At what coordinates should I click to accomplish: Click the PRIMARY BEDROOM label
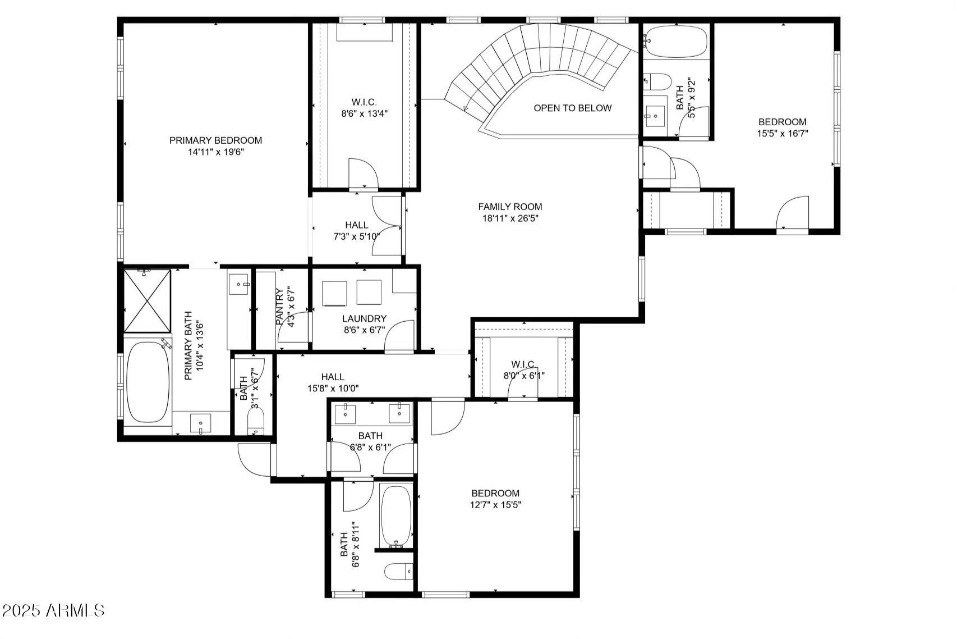215,140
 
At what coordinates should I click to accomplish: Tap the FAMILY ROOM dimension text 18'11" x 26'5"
510,218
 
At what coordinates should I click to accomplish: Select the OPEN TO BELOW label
572,108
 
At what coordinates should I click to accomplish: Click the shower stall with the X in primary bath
146,301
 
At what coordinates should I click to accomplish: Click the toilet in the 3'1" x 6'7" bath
256,420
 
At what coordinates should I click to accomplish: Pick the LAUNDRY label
364,318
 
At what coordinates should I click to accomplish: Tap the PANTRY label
280,307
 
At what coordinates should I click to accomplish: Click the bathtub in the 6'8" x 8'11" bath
396,515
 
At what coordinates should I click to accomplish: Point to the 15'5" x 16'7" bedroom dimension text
782,134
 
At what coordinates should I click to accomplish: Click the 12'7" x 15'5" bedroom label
495,494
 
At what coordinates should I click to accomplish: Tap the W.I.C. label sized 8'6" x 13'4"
364,102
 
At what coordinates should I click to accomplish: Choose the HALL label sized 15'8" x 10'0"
333,377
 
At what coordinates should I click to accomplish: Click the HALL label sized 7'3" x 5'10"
357,225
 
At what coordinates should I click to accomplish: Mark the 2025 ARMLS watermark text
53,610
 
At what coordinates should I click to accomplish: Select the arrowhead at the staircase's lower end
466,108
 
